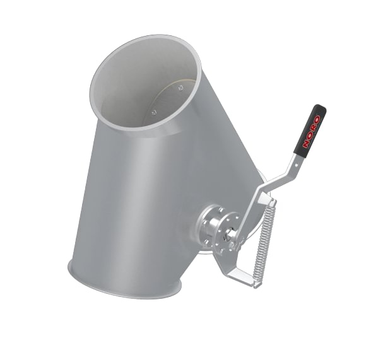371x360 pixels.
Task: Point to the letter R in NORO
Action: (315, 124)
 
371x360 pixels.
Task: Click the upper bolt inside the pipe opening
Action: (181, 88)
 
